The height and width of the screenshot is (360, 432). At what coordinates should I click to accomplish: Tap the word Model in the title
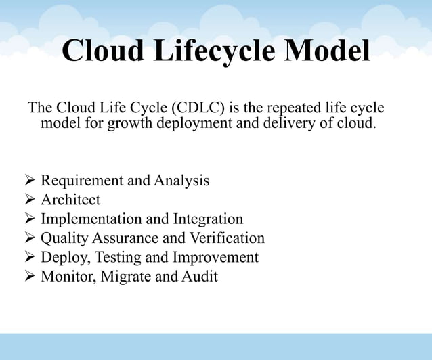[327, 52]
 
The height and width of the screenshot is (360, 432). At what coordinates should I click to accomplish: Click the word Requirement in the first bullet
[83, 181]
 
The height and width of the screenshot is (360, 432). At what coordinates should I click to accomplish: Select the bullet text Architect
[70, 200]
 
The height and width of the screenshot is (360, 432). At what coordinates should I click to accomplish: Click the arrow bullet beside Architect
[29, 200]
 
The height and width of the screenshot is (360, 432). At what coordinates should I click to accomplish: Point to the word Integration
[208, 219]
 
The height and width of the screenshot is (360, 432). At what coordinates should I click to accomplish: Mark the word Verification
[227, 238]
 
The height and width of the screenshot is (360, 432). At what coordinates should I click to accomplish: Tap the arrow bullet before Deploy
[29, 257]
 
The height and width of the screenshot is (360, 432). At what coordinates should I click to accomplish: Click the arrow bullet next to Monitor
[29, 277]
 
